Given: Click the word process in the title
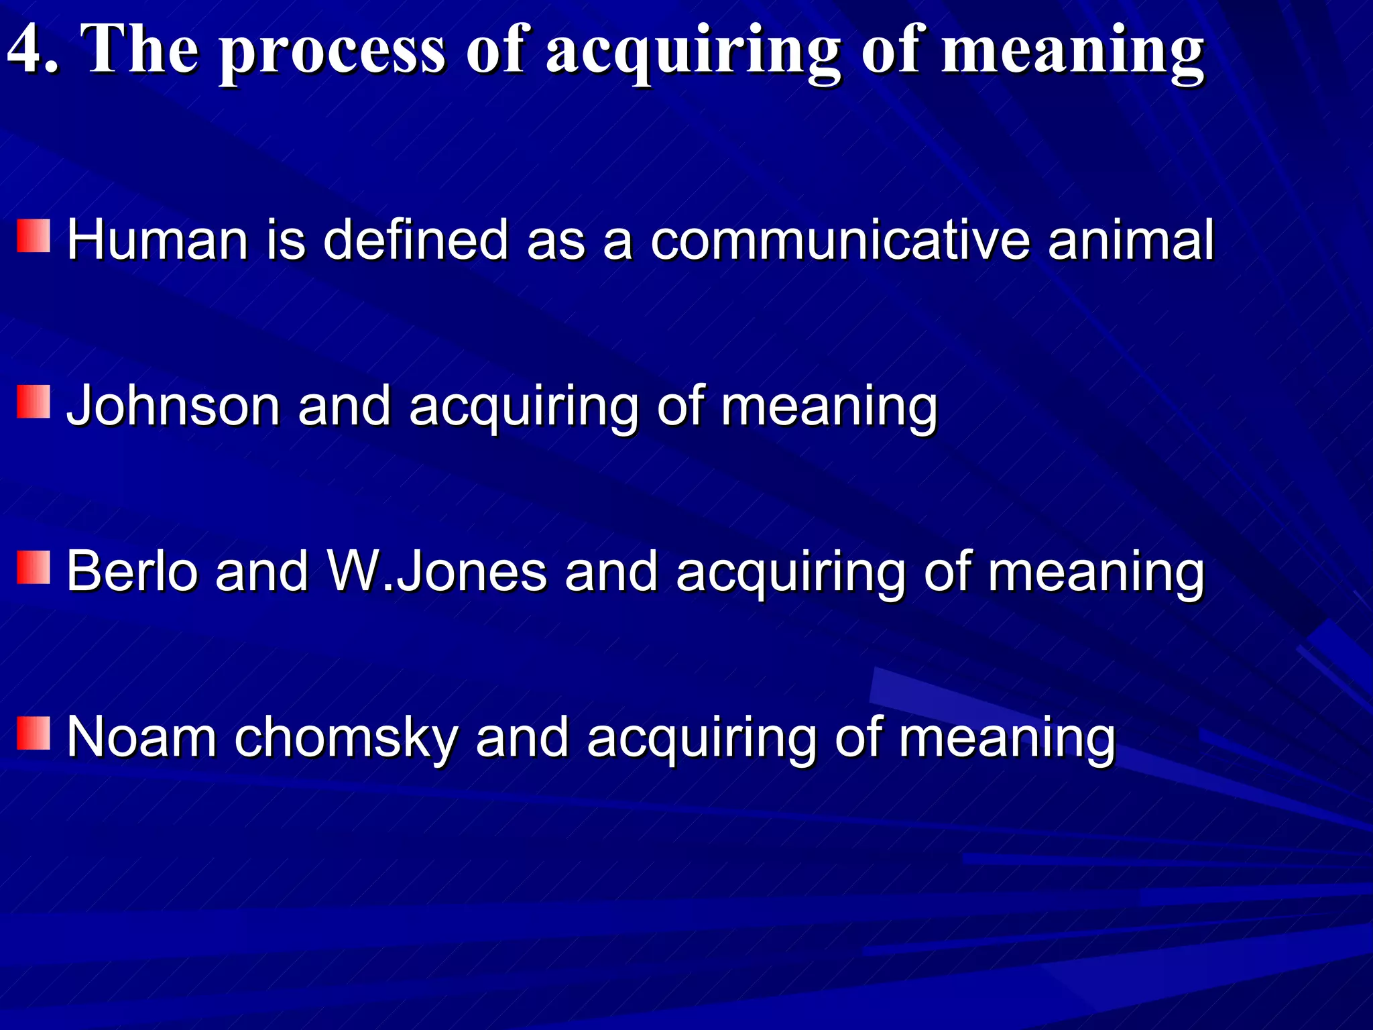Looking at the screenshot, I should tap(333, 54).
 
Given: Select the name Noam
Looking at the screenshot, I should tap(141, 737).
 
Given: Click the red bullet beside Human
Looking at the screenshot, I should tap(34, 235).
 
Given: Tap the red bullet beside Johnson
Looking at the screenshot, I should tap(34, 401).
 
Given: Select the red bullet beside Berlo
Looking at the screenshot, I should tap(34, 567).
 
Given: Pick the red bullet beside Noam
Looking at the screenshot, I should tap(34, 732).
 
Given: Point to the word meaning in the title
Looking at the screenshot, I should tap(1072, 54).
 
